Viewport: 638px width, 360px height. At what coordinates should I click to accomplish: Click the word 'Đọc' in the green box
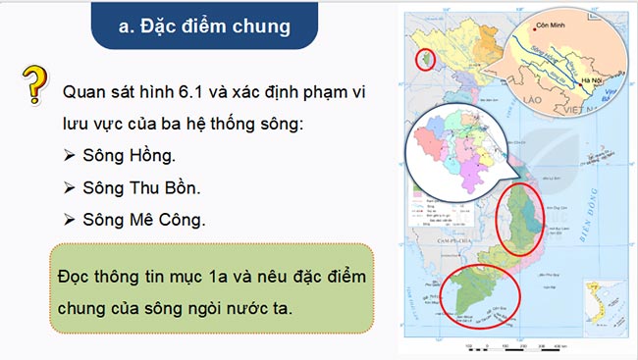(79, 277)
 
